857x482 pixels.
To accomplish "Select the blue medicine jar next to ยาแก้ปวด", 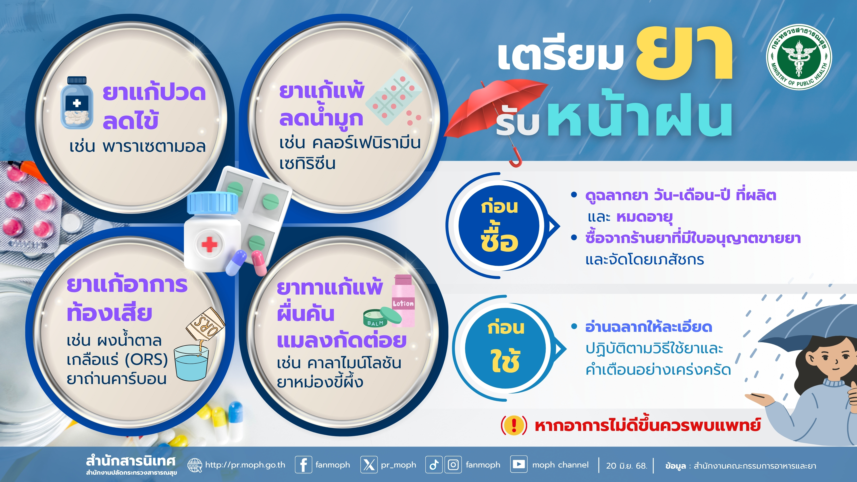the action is pos(77,103).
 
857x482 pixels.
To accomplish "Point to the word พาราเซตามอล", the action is pos(154,147).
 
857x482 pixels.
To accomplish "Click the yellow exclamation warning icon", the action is pos(514,425).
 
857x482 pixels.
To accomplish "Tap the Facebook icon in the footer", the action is pos(304,464).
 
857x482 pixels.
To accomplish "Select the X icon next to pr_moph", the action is pos(369,464).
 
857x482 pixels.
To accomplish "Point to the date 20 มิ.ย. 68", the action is pos(626,465).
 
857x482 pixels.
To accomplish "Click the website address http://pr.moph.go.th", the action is pos(245,465).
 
